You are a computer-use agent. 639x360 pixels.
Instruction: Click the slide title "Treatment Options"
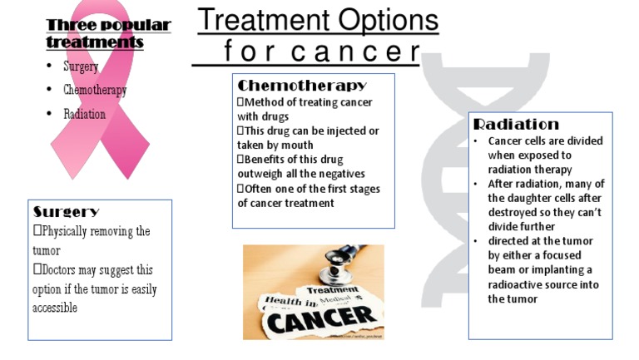[318, 20]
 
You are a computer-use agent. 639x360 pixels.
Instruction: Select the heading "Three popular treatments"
[108, 33]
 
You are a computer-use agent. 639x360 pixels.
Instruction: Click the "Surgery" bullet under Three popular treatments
[81, 67]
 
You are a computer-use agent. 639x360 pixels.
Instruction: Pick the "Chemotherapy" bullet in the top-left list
[95, 90]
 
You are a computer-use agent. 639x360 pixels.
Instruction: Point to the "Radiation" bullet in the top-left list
[84, 114]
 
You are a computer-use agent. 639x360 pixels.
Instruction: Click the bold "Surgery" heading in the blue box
[66, 212]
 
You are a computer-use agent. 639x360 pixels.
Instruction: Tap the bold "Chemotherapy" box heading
[302, 86]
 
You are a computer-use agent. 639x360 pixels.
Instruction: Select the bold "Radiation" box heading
[516, 125]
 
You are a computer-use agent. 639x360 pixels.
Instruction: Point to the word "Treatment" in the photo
[333, 290]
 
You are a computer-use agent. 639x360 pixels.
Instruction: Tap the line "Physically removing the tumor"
[93, 232]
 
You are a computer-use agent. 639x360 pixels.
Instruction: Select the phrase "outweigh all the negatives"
[301, 174]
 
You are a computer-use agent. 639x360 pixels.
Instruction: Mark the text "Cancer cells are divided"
[545, 141]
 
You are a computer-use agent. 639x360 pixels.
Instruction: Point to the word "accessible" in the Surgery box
[55, 308]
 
